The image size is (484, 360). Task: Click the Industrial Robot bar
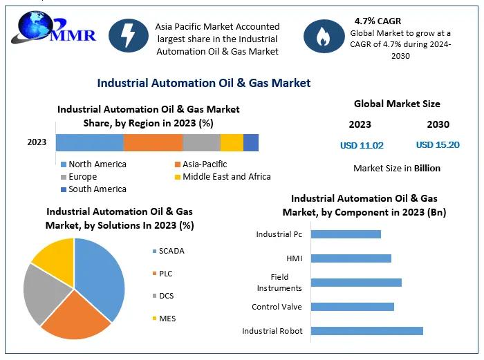coord(366,331)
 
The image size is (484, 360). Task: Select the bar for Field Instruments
coord(356,282)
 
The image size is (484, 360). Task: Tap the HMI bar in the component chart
coord(351,258)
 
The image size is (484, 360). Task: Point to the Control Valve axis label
coord(277,307)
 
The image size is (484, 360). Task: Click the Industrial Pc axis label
coord(279,234)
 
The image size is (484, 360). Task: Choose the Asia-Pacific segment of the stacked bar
coord(153,142)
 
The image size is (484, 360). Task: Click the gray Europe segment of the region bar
coord(201,142)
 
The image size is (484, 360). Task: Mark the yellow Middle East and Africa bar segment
coord(232,142)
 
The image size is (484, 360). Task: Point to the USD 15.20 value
coord(438,145)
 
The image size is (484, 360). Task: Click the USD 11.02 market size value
coord(362,145)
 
